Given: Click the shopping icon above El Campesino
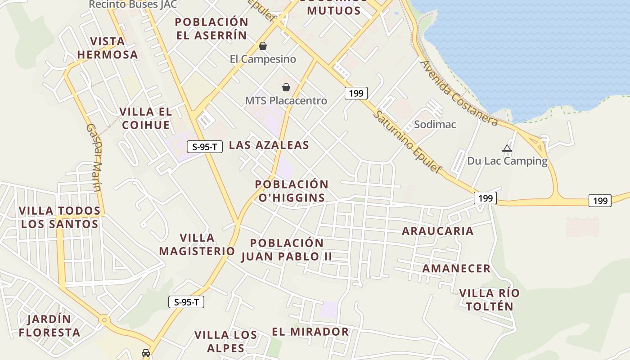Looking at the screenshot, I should (263, 46).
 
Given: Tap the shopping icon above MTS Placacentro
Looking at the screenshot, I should (286, 87).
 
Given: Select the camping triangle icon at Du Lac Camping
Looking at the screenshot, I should (507, 148).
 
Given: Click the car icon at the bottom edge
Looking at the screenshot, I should (146, 353).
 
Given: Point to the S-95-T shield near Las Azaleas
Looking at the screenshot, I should (205, 146).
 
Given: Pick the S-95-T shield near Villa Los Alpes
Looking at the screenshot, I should (186, 302).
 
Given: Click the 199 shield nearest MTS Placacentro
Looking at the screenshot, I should (356, 93).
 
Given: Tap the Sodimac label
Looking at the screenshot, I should (435, 125).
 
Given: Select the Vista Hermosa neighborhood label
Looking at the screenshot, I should (107, 48).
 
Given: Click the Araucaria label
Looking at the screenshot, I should (437, 231).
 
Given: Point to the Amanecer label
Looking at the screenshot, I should (456, 269).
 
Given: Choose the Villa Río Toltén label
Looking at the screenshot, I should (489, 300).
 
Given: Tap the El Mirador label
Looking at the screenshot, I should (310, 332).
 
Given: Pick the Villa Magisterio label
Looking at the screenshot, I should (197, 244).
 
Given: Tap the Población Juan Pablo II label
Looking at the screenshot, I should (287, 250).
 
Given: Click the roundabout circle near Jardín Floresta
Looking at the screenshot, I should (105, 320).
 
